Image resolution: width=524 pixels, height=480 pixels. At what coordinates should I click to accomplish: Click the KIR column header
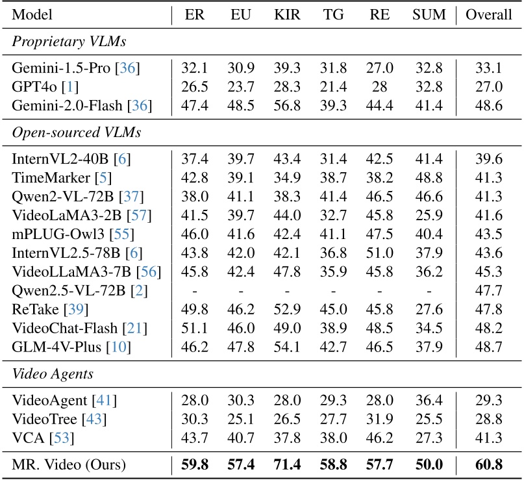pyautogui.click(x=287, y=14)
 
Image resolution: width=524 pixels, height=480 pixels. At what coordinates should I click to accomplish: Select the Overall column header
pyautogui.click(x=489, y=14)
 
